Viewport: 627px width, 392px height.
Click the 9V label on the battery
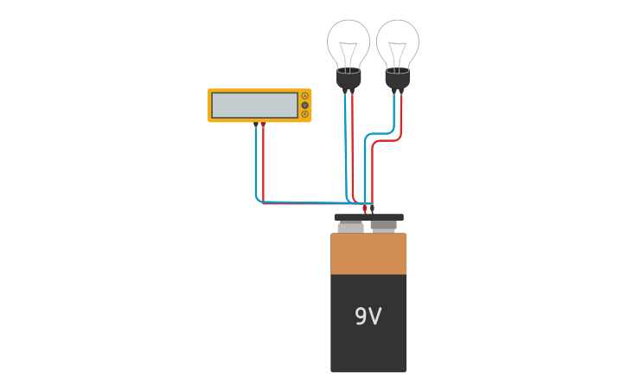368,317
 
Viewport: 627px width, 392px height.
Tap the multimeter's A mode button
304,96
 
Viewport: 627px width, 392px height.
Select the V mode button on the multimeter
304,105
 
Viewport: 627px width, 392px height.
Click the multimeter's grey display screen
254,106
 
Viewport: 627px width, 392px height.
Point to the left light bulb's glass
349,39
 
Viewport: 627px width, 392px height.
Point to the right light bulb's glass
398,39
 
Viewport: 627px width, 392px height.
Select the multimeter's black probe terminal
256,125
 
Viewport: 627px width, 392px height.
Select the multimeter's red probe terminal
263,125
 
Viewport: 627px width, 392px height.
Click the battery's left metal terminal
351,228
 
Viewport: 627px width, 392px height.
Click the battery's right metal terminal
383,226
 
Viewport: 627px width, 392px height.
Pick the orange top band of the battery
368,254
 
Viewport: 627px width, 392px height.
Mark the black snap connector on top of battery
368,217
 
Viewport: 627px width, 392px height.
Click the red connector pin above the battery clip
364,209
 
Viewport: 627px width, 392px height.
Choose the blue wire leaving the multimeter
256,164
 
